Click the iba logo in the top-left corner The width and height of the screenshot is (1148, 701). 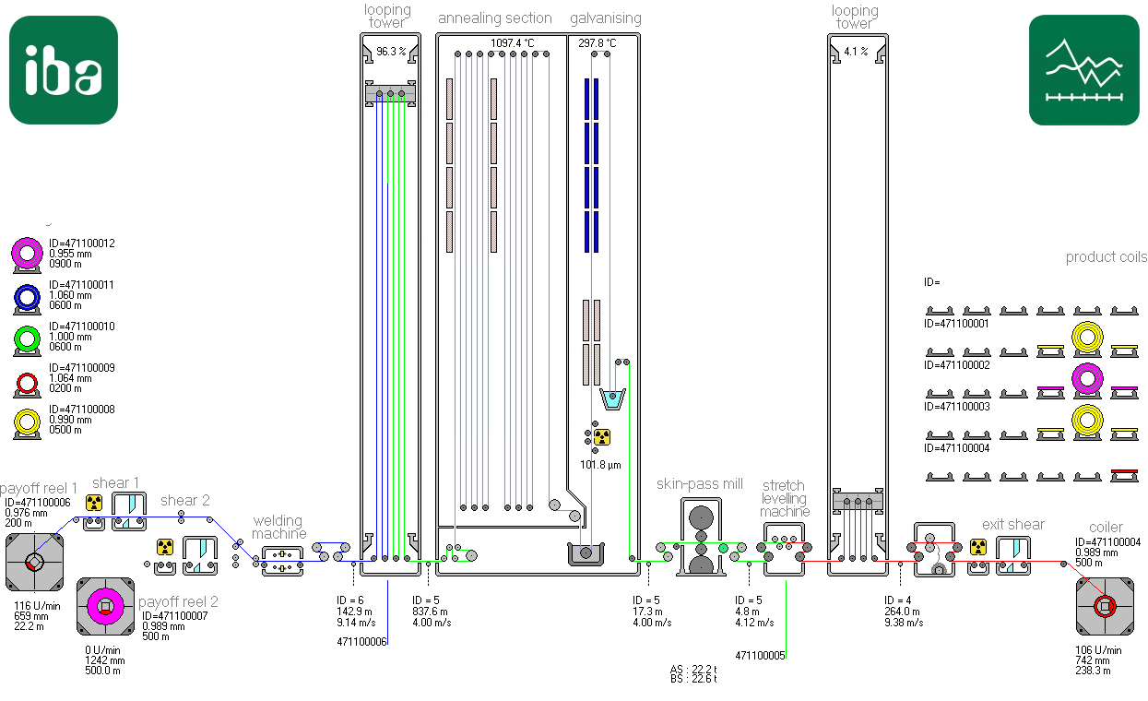click(x=64, y=70)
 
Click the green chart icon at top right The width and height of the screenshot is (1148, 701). click(x=1084, y=70)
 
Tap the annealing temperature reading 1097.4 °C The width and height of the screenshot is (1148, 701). click(x=512, y=43)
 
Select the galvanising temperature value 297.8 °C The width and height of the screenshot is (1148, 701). click(x=598, y=43)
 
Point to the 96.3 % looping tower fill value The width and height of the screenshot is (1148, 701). click(x=391, y=52)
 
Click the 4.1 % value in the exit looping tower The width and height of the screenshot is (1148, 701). click(x=856, y=52)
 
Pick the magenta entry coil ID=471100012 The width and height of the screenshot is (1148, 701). click(x=27, y=254)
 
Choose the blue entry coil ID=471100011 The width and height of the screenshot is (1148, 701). click(x=27, y=297)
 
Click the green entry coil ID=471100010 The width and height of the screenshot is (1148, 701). click(x=27, y=339)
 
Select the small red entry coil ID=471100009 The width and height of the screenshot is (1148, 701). click(x=27, y=383)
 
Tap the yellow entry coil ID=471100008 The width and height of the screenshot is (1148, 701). click(x=27, y=422)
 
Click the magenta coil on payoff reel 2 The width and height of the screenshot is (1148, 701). click(x=105, y=607)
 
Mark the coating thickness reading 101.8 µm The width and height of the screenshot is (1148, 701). click(x=600, y=465)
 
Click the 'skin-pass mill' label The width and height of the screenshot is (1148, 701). click(x=700, y=483)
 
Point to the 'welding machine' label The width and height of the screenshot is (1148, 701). click(x=278, y=528)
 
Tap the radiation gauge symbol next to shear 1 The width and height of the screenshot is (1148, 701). click(x=94, y=503)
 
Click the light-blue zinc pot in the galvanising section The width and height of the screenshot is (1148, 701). click(x=612, y=399)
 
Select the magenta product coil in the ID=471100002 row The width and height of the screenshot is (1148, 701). click(x=1087, y=379)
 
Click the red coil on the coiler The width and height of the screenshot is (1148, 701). click(x=1105, y=607)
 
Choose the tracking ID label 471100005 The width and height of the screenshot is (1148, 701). click(x=760, y=656)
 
